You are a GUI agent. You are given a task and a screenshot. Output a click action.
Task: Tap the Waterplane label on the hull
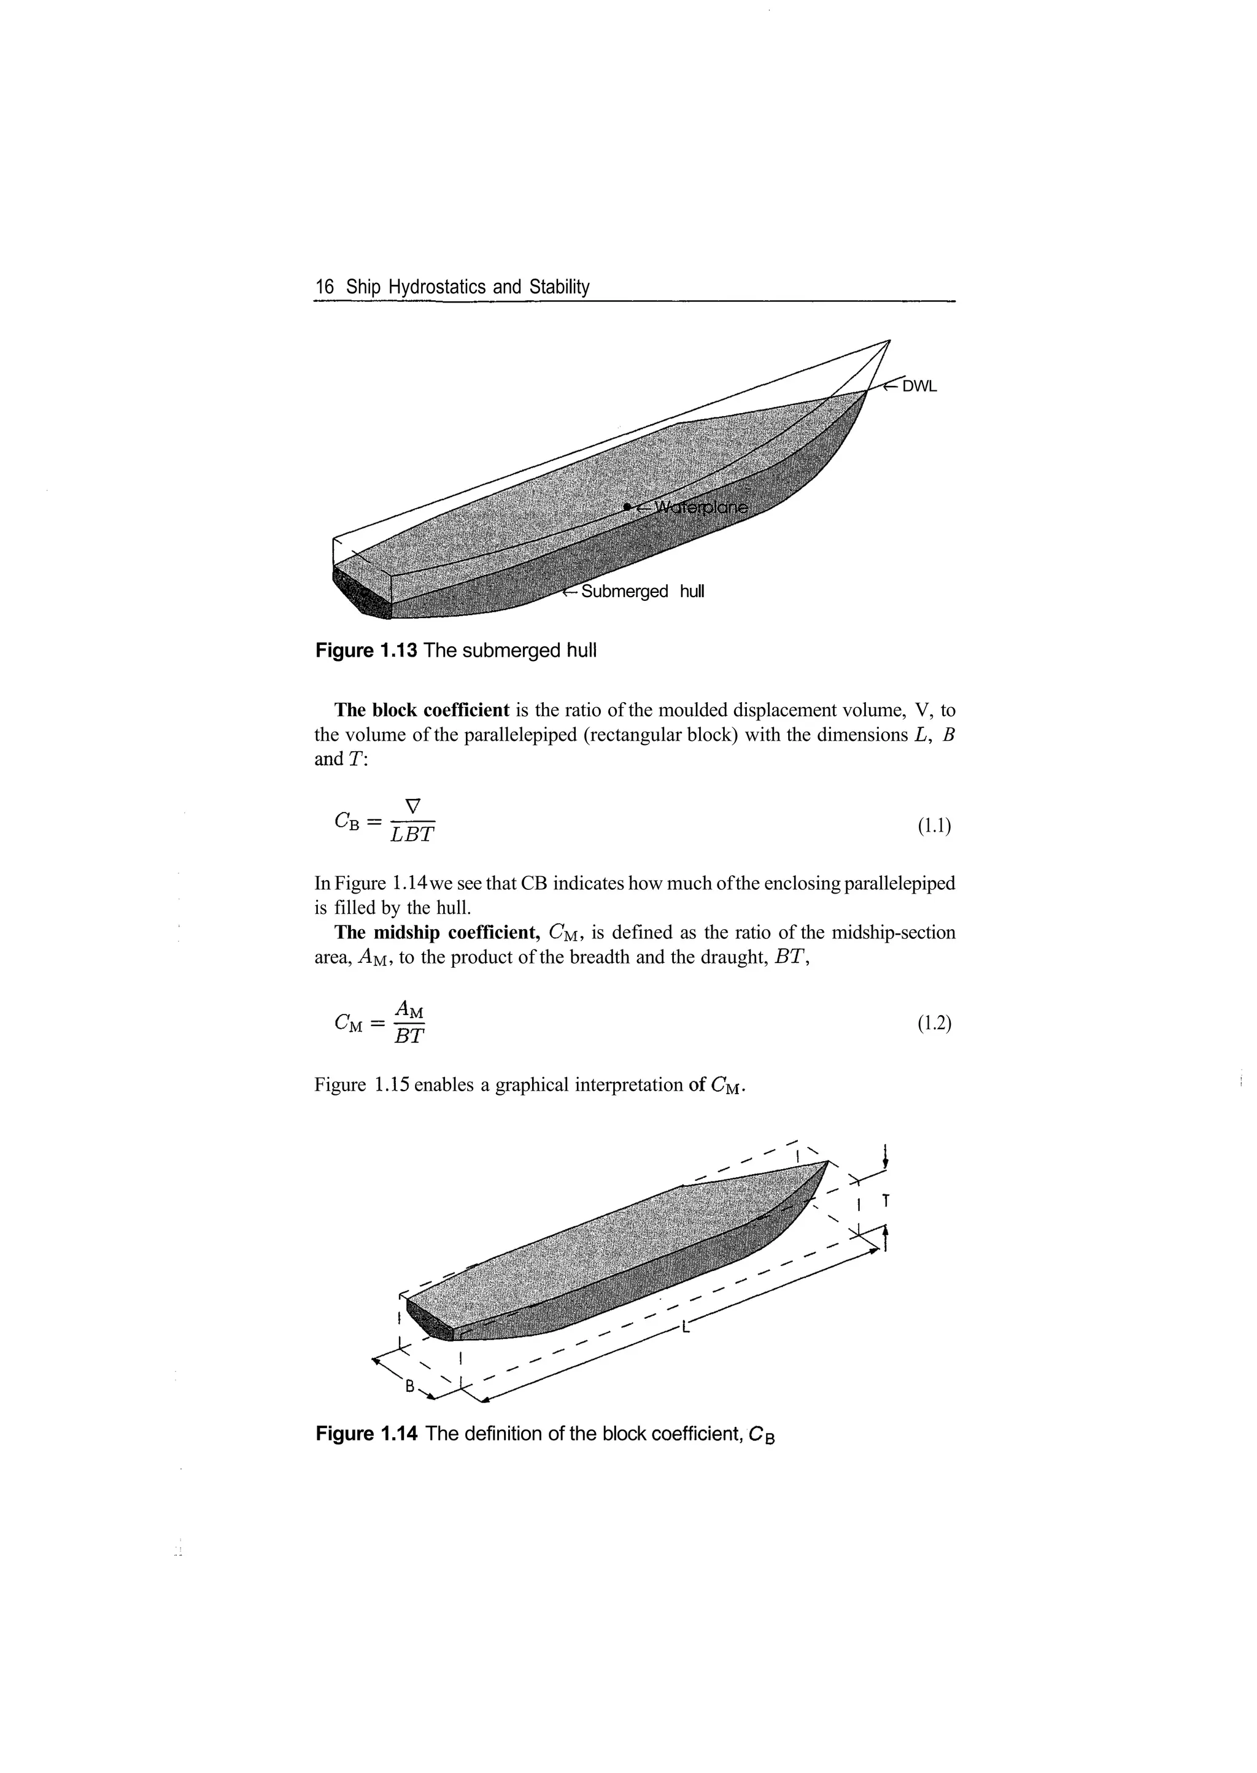(x=702, y=508)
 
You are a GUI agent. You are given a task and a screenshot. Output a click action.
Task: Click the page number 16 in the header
(x=324, y=287)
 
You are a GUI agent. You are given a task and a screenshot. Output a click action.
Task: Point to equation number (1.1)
(x=934, y=827)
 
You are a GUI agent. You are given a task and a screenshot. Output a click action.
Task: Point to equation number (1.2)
(x=934, y=1024)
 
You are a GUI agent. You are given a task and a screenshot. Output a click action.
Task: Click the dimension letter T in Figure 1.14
(x=886, y=1201)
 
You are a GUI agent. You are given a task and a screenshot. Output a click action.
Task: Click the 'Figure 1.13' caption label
(x=366, y=651)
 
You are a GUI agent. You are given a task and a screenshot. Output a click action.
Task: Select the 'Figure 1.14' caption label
(x=366, y=1434)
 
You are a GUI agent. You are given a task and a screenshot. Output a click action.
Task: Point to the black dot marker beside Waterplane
(x=626, y=507)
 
